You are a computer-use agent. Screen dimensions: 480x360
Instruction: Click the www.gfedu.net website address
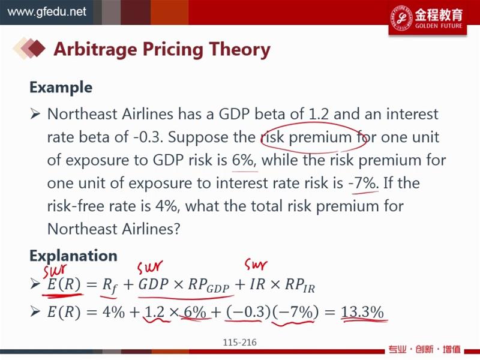click(47, 12)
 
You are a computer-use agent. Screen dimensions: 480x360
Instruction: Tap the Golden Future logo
click(428, 18)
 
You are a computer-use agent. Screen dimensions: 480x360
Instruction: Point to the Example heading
click(61, 87)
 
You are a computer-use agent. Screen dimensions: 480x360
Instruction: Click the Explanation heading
click(73, 256)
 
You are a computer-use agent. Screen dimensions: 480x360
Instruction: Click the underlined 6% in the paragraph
click(243, 160)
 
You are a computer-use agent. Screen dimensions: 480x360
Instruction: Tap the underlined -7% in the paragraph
click(364, 183)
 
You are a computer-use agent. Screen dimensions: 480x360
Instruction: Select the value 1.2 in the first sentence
click(319, 114)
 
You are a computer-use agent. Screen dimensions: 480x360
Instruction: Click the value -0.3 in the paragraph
click(146, 137)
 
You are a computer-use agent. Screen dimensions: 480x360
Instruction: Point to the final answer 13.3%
click(362, 312)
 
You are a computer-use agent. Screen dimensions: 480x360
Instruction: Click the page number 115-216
click(239, 342)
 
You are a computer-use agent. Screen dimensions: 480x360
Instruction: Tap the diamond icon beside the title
click(29, 48)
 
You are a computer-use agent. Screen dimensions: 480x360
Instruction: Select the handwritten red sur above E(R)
click(55, 271)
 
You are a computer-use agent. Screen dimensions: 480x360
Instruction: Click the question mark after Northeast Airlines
click(176, 229)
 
